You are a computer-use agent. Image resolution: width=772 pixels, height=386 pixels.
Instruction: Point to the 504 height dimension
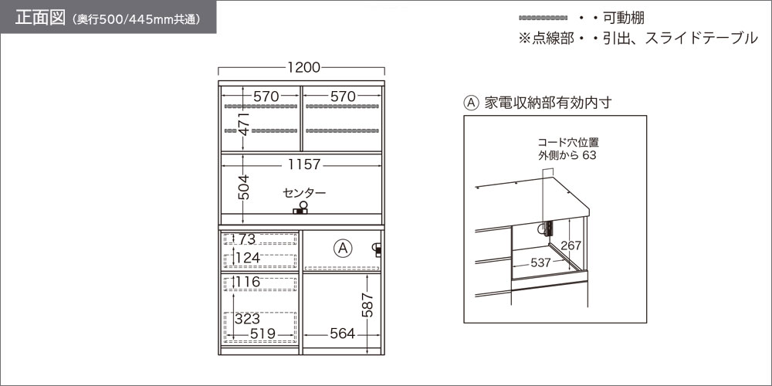[x=243, y=187]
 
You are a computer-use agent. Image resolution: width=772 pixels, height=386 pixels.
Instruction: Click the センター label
[x=304, y=192]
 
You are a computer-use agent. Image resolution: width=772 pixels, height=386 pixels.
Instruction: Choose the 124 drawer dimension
[x=247, y=258]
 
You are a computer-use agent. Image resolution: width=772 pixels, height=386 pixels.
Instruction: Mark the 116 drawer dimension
[x=247, y=282]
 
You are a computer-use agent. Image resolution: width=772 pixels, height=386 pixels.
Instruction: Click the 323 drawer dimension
[x=247, y=319]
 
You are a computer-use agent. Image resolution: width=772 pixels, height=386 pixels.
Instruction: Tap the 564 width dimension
[x=342, y=334]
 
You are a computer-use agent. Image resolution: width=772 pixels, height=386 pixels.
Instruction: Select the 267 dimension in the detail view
[x=571, y=245]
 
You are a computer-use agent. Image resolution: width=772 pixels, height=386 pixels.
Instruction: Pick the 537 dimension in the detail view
[x=540, y=263]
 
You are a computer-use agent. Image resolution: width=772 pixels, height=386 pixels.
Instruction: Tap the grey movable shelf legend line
[x=543, y=18]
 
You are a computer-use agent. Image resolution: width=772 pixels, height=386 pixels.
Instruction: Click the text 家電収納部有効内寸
[x=548, y=103]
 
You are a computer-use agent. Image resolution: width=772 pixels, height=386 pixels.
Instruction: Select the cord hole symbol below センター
[x=301, y=208]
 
